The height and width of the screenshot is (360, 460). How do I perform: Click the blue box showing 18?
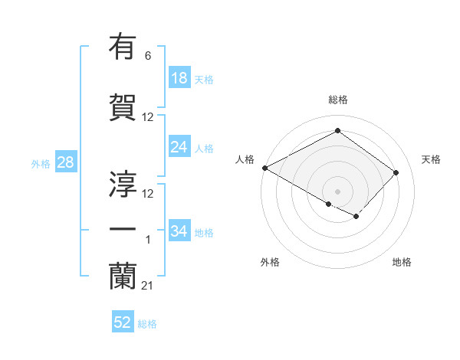179,77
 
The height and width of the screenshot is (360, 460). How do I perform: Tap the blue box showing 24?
179,147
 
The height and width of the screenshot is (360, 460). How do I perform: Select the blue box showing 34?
179,231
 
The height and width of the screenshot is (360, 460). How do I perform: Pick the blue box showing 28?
64,162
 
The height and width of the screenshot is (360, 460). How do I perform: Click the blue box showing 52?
123,322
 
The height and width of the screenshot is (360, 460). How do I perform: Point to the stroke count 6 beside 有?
148,56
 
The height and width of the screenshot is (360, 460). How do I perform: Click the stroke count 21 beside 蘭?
148,286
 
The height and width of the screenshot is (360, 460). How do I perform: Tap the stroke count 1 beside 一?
148,241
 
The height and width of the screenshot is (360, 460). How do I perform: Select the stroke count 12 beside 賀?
148,117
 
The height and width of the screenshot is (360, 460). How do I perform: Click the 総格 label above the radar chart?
337,100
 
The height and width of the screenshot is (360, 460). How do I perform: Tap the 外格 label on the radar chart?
270,262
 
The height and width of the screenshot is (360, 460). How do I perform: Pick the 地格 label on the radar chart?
402,262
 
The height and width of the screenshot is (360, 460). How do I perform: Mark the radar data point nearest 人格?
264,168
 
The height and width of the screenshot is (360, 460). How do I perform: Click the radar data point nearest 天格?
396,172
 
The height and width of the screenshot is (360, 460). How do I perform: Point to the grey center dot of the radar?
337,191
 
